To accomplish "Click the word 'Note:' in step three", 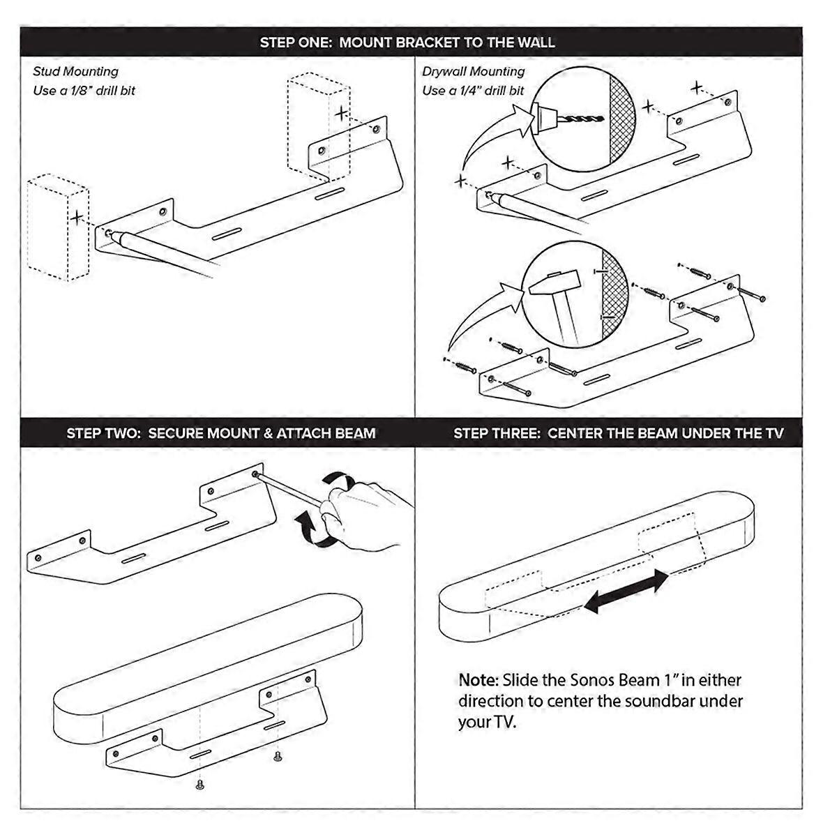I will (x=478, y=679).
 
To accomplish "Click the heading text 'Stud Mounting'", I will (x=75, y=71).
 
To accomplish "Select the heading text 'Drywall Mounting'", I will (x=473, y=71).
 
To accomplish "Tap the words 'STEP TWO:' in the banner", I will (x=104, y=433).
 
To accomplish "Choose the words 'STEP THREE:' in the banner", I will (x=497, y=433).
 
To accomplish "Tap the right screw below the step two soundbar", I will (x=278, y=756).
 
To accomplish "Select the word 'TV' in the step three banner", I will (x=774, y=433).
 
